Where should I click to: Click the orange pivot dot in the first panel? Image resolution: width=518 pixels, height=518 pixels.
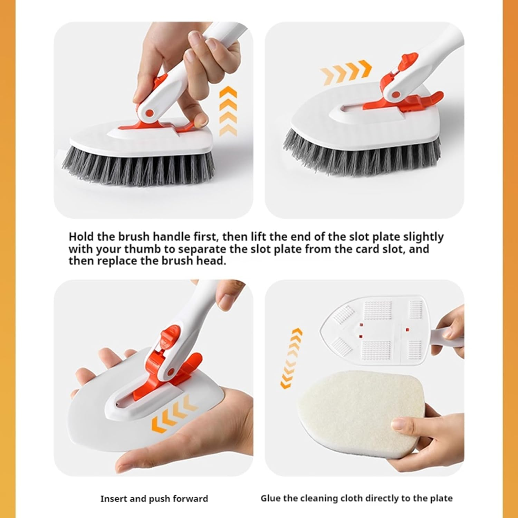click(150, 113)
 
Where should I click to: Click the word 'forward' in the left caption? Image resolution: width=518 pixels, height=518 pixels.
click(190, 499)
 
